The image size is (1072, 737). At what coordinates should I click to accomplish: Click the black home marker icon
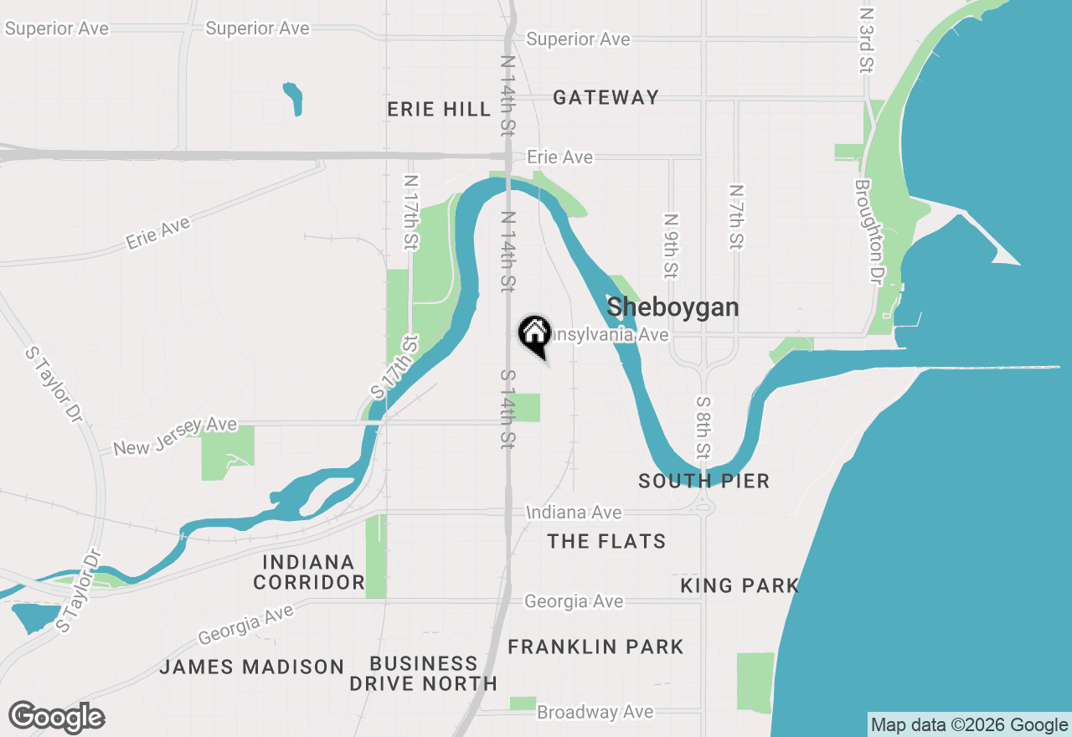534,335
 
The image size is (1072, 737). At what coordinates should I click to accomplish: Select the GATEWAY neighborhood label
606,98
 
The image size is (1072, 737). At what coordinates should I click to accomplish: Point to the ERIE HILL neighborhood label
439,110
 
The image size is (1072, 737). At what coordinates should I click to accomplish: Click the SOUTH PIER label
703,481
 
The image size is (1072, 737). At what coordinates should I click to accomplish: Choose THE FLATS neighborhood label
606,542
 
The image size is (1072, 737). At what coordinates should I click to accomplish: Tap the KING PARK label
740,585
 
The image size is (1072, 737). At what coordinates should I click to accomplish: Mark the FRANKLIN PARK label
595,647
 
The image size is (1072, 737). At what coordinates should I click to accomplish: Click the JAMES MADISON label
251,667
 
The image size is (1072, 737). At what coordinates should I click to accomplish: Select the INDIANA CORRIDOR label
309,572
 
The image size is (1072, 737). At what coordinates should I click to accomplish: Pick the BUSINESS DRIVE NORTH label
424,673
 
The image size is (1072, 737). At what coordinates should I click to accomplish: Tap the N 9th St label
671,245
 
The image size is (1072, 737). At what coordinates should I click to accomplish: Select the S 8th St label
703,427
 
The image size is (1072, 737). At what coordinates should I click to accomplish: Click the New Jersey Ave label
175,436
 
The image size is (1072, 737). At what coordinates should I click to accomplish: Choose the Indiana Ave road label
574,513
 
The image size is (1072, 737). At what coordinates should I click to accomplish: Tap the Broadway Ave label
595,712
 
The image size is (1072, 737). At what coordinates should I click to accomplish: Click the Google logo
56,718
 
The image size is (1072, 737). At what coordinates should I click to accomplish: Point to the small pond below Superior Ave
293,98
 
